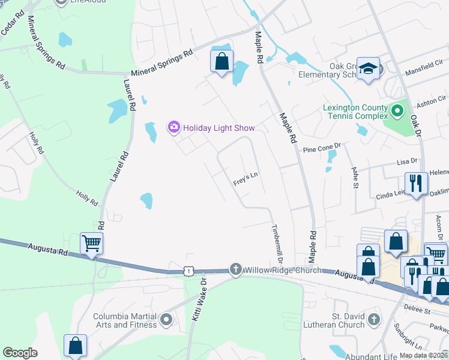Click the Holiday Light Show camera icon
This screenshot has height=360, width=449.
point(174,127)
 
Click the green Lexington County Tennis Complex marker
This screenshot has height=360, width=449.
point(397,110)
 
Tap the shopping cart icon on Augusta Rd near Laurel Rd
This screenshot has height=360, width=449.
point(91,243)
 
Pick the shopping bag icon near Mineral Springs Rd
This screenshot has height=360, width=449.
point(221,61)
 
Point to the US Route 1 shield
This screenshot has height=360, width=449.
point(189,271)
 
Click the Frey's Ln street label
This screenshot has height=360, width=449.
point(246,177)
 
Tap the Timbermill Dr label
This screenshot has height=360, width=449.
point(277,243)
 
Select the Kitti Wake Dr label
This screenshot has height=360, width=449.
point(198,298)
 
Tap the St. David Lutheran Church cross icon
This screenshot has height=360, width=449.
point(375,318)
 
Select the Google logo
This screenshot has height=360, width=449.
point(20,352)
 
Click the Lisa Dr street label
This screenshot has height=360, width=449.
point(406,162)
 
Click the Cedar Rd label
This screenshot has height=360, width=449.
point(11,26)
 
